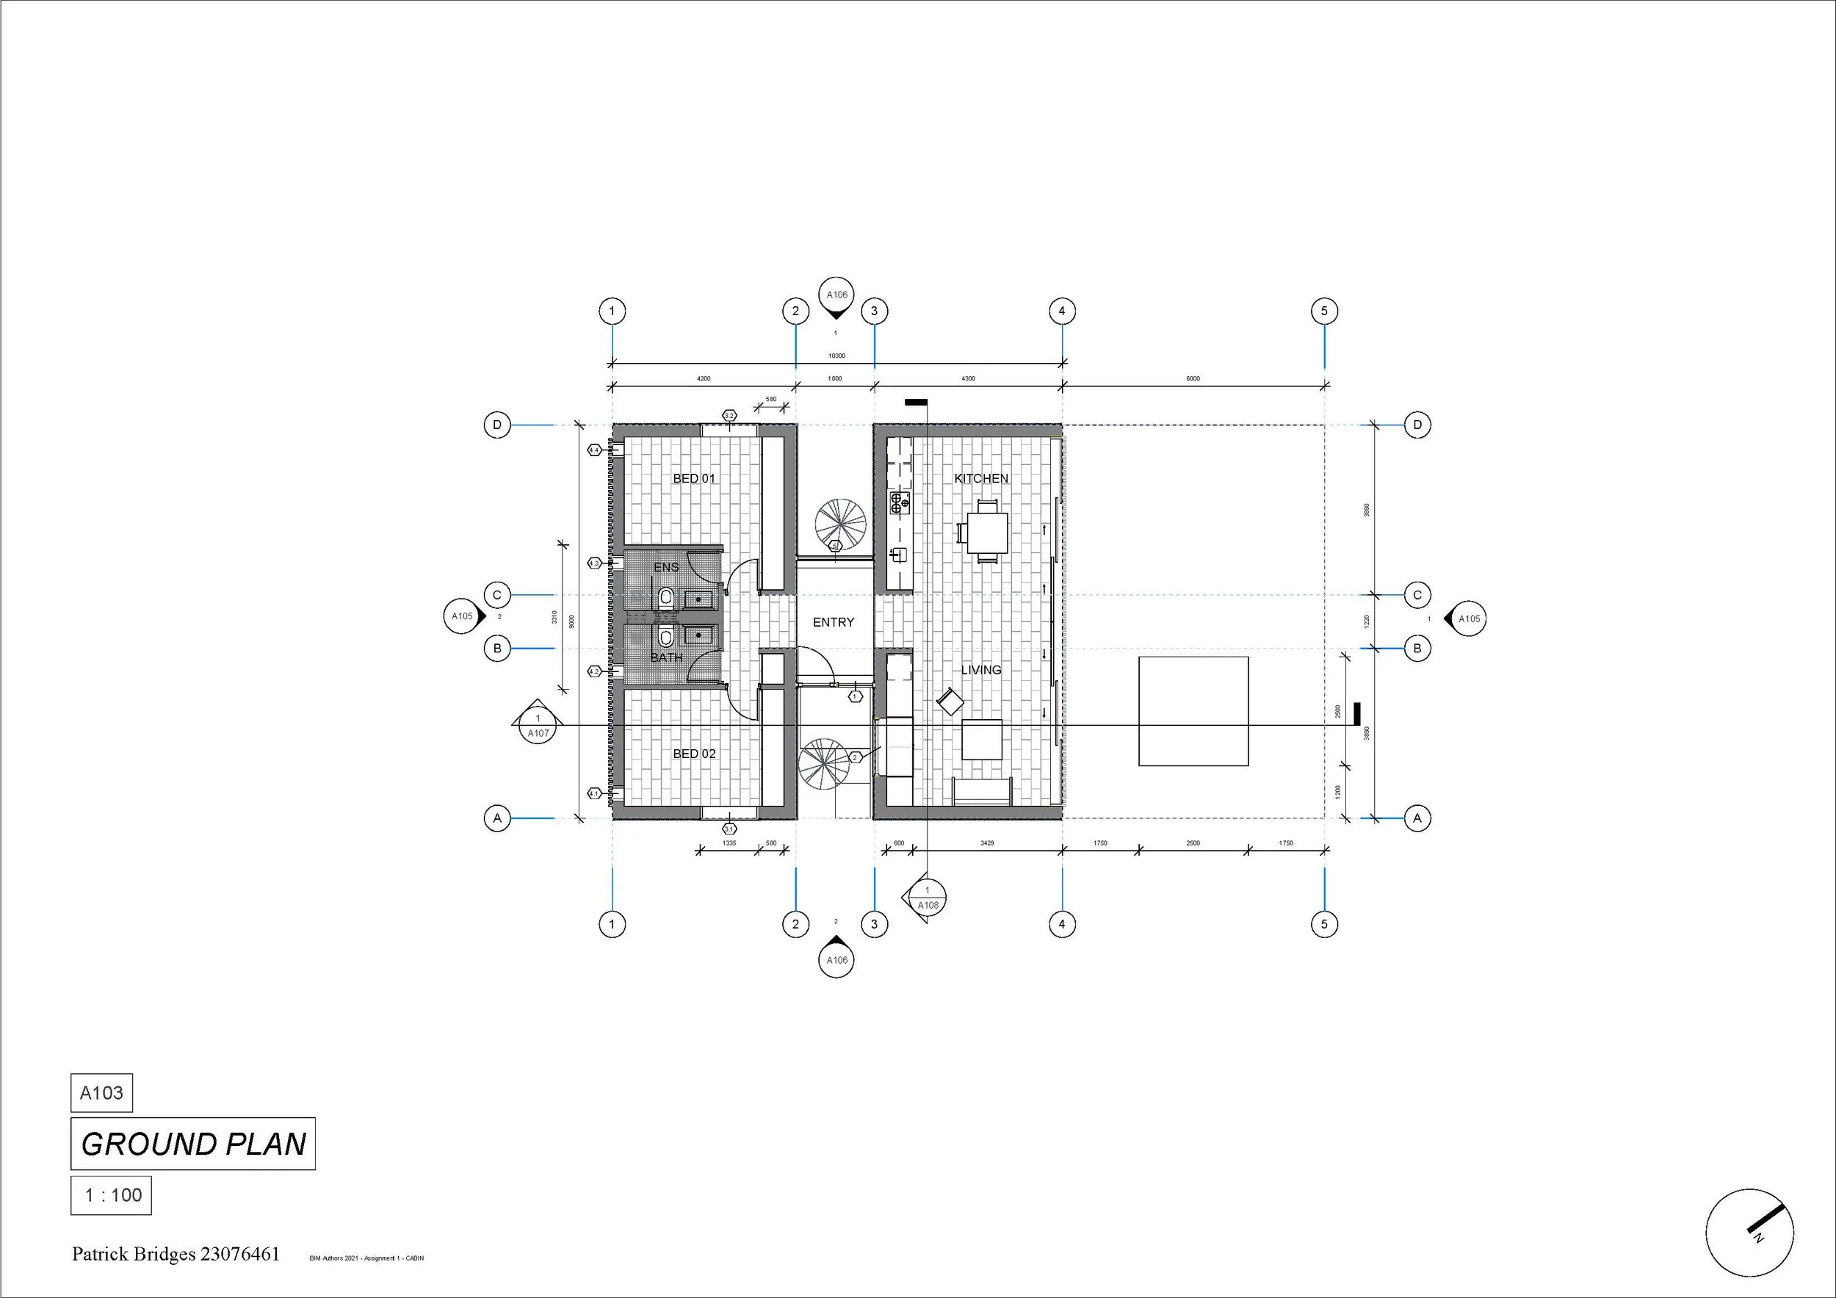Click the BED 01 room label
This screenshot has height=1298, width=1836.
[694, 478]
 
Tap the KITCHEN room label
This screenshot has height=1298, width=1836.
[981, 478]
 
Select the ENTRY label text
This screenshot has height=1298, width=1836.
[834, 622]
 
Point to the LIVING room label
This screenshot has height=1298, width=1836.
[981, 670]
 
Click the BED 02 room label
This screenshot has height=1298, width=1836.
[694, 754]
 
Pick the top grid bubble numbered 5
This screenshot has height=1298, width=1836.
[1324, 311]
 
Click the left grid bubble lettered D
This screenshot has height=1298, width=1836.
[497, 425]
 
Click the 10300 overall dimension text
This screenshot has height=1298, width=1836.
[836, 356]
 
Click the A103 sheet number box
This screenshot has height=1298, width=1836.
[101, 1093]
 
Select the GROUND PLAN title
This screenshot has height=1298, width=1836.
[194, 1144]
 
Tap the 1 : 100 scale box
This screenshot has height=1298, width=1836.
[112, 1196]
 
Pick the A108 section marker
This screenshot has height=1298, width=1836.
[928, 899]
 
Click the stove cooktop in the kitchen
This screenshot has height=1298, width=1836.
[900, 503]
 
